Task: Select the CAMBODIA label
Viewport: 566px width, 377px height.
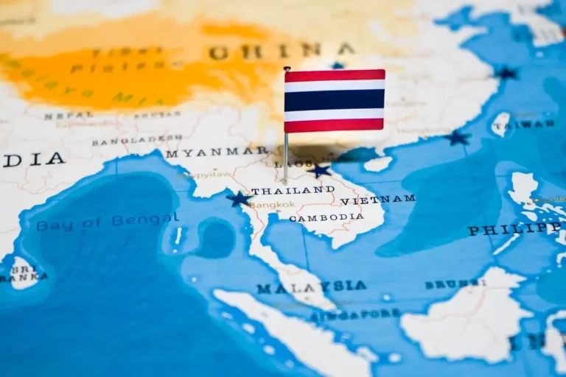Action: (x=326, y=217)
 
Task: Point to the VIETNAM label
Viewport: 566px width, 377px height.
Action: (x=377, y=200)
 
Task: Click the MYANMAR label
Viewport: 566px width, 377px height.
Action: (x=217, y=152)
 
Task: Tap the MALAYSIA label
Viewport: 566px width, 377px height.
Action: (x=311, y=286)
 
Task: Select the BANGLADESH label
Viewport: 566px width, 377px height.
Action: (x=137, y=140)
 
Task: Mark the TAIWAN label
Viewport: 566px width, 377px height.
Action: (x=525, y=124)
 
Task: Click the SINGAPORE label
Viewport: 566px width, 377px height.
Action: (x=356, y=315)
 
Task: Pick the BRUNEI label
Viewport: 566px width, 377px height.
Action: (x=455, y=283)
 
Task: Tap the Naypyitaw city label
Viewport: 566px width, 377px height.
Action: (x=196, y=175)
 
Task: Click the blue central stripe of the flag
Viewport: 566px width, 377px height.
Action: (x=335, y=100)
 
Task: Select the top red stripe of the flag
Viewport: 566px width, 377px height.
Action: (x=335, y=75)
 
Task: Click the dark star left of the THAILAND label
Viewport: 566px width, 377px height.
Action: (x=239, y=199)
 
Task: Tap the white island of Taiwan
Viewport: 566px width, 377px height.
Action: (x=500, y=123)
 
